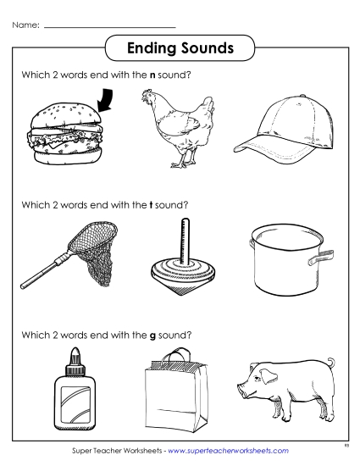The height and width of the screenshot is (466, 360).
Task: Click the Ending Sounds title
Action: (x=180, y=48)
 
